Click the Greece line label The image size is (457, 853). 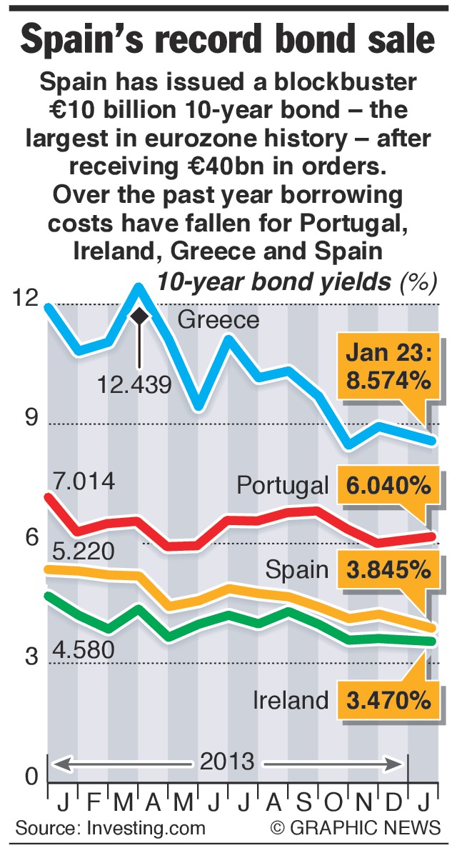coord(218,319)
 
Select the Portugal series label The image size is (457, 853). coord(282,486)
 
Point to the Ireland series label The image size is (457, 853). coord(291,700)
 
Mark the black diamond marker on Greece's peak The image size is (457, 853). coord(139,315)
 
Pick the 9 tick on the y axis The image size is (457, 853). coord(31,418)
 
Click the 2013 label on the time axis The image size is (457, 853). coord(226,762)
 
